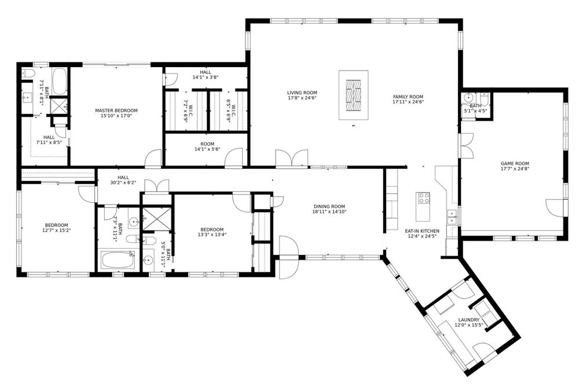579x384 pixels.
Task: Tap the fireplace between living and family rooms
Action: pyautogui.click(x=353, y=95)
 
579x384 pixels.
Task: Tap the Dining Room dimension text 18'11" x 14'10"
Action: pyautogui.click(x=329, y=212)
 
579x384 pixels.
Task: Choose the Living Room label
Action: pyautogui.click(x=302, y=93)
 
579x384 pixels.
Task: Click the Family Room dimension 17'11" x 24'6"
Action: pyautogui.click(x=408, y=102)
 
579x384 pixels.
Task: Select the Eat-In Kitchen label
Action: pyautogui.click(x=422, y=231)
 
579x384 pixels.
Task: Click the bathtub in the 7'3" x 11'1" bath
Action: pyautogui.click(x=118, y=260)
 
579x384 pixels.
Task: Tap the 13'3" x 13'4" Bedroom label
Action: pyautogui.click(x=212, y=232)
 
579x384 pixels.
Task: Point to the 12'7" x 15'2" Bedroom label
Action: pyautogui.click(x=57, y=228)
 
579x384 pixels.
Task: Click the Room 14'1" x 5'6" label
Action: pyautogui.click(x=207, y=146)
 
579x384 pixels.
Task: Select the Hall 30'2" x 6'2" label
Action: pyautogui.click(x=123, y=180)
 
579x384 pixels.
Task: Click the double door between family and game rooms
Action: pyautogui.click(x=466, y=146)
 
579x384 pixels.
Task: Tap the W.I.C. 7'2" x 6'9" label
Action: pyautogui.click(x=185, y=110)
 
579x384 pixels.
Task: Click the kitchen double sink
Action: pyautogui.click(x=451, y=217)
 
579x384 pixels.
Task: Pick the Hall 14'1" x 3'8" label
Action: pyautogui.click(x=206, y=75)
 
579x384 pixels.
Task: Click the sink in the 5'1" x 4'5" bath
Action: pyautogui.click(x=468, y=98)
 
